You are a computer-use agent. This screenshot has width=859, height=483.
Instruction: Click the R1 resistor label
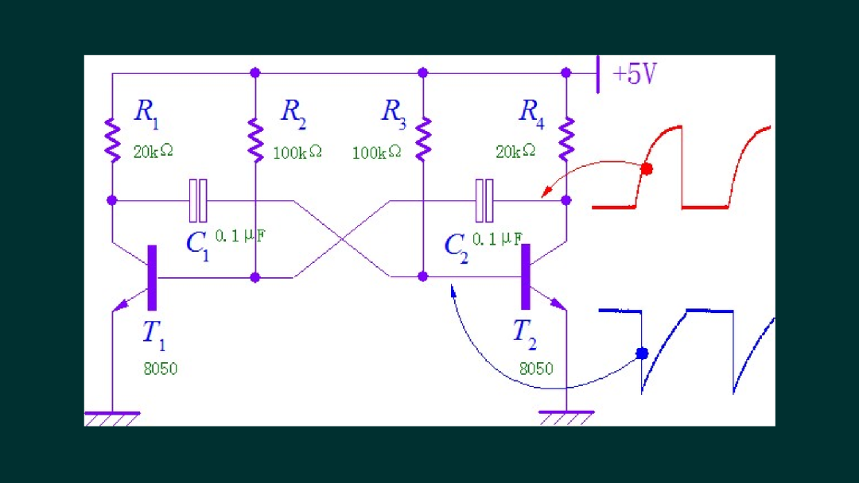pos(146,114)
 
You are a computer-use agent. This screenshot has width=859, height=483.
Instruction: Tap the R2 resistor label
pos(293,114)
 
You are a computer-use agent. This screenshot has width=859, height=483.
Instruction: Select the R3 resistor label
pos(394,114)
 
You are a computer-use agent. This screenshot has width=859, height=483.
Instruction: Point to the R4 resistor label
pos(531,114)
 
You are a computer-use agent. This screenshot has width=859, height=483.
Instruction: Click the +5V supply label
pos(635,74)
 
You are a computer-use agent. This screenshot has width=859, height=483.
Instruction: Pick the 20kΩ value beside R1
pos(154,151)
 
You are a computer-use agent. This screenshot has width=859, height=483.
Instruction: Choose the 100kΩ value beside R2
pos(297,152)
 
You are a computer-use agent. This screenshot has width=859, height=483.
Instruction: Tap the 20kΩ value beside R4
pos(515,151)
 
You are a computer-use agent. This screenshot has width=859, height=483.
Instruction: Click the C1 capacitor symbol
pos(198,201)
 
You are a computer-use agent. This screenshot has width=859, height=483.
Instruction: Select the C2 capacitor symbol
pos(484,201)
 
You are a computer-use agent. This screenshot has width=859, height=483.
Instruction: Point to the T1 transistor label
pos(154,334)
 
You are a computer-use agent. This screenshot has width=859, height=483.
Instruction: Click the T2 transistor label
pos(524,334)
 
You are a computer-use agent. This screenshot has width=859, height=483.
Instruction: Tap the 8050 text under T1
pos(161,369)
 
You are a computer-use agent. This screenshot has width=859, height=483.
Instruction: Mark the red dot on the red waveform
pos(647,168)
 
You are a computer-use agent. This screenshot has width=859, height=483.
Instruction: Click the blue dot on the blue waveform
pos(642,354)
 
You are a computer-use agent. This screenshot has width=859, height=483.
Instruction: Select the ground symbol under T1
pos(112,419)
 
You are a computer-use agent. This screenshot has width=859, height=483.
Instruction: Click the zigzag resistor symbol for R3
pos(423,139)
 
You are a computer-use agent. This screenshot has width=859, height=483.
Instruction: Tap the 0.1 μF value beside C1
pos(240,236)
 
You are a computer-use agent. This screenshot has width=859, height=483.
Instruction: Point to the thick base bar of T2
pos(526,276)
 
